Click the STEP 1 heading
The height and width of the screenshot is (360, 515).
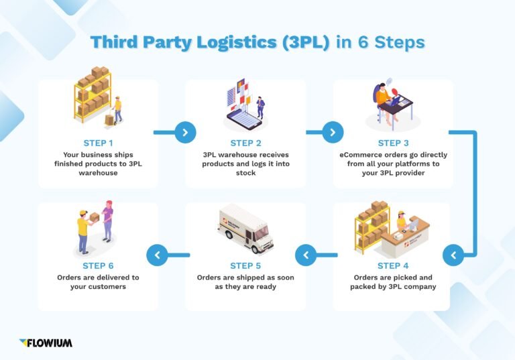(98, 143)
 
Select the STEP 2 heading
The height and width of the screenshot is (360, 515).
(245, 143)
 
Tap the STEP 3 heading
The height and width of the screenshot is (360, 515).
(393, 143)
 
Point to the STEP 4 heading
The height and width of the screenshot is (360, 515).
(393, 265)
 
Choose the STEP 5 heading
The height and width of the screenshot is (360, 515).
(245, 265)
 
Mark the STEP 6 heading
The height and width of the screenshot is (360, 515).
(98, 265)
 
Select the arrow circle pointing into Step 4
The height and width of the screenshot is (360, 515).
(453, 255)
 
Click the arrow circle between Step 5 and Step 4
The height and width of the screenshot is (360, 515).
(306, 255)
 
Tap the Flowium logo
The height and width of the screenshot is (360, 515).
(46, 343)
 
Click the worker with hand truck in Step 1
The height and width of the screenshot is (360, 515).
(117, 109)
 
